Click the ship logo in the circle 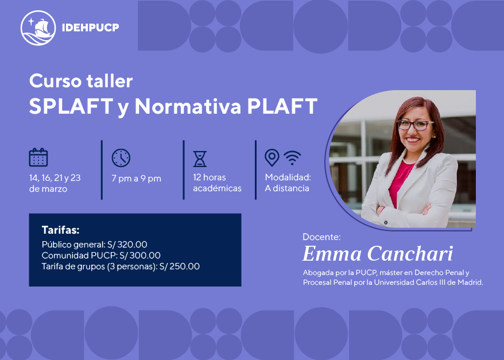click(x=38, y=28)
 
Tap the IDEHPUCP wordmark click(x=90, y=28)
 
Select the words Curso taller click(x=81, y=81)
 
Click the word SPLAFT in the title click(x=71, y=106)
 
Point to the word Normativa click(x=188, y=106)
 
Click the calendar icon click(x=38, y=157)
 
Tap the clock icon click(x=121, y=158)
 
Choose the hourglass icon click(x=200, y=159)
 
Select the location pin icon click(x=272, y=157)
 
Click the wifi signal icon click(x=292, y=158)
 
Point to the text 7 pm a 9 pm click(x=136, y=179)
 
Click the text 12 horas click(x=210, y=177)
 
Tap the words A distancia click(x=287, y=188)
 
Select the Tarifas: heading click(x=60, y=230)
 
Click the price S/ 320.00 click(x=127, y=245)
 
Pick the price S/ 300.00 click(x=140, y=256)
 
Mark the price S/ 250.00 click(x=180, y=266)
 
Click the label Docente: click(x=321, y=237)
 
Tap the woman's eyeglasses click(x=415, y=125)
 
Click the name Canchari click(x=410, y=254)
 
